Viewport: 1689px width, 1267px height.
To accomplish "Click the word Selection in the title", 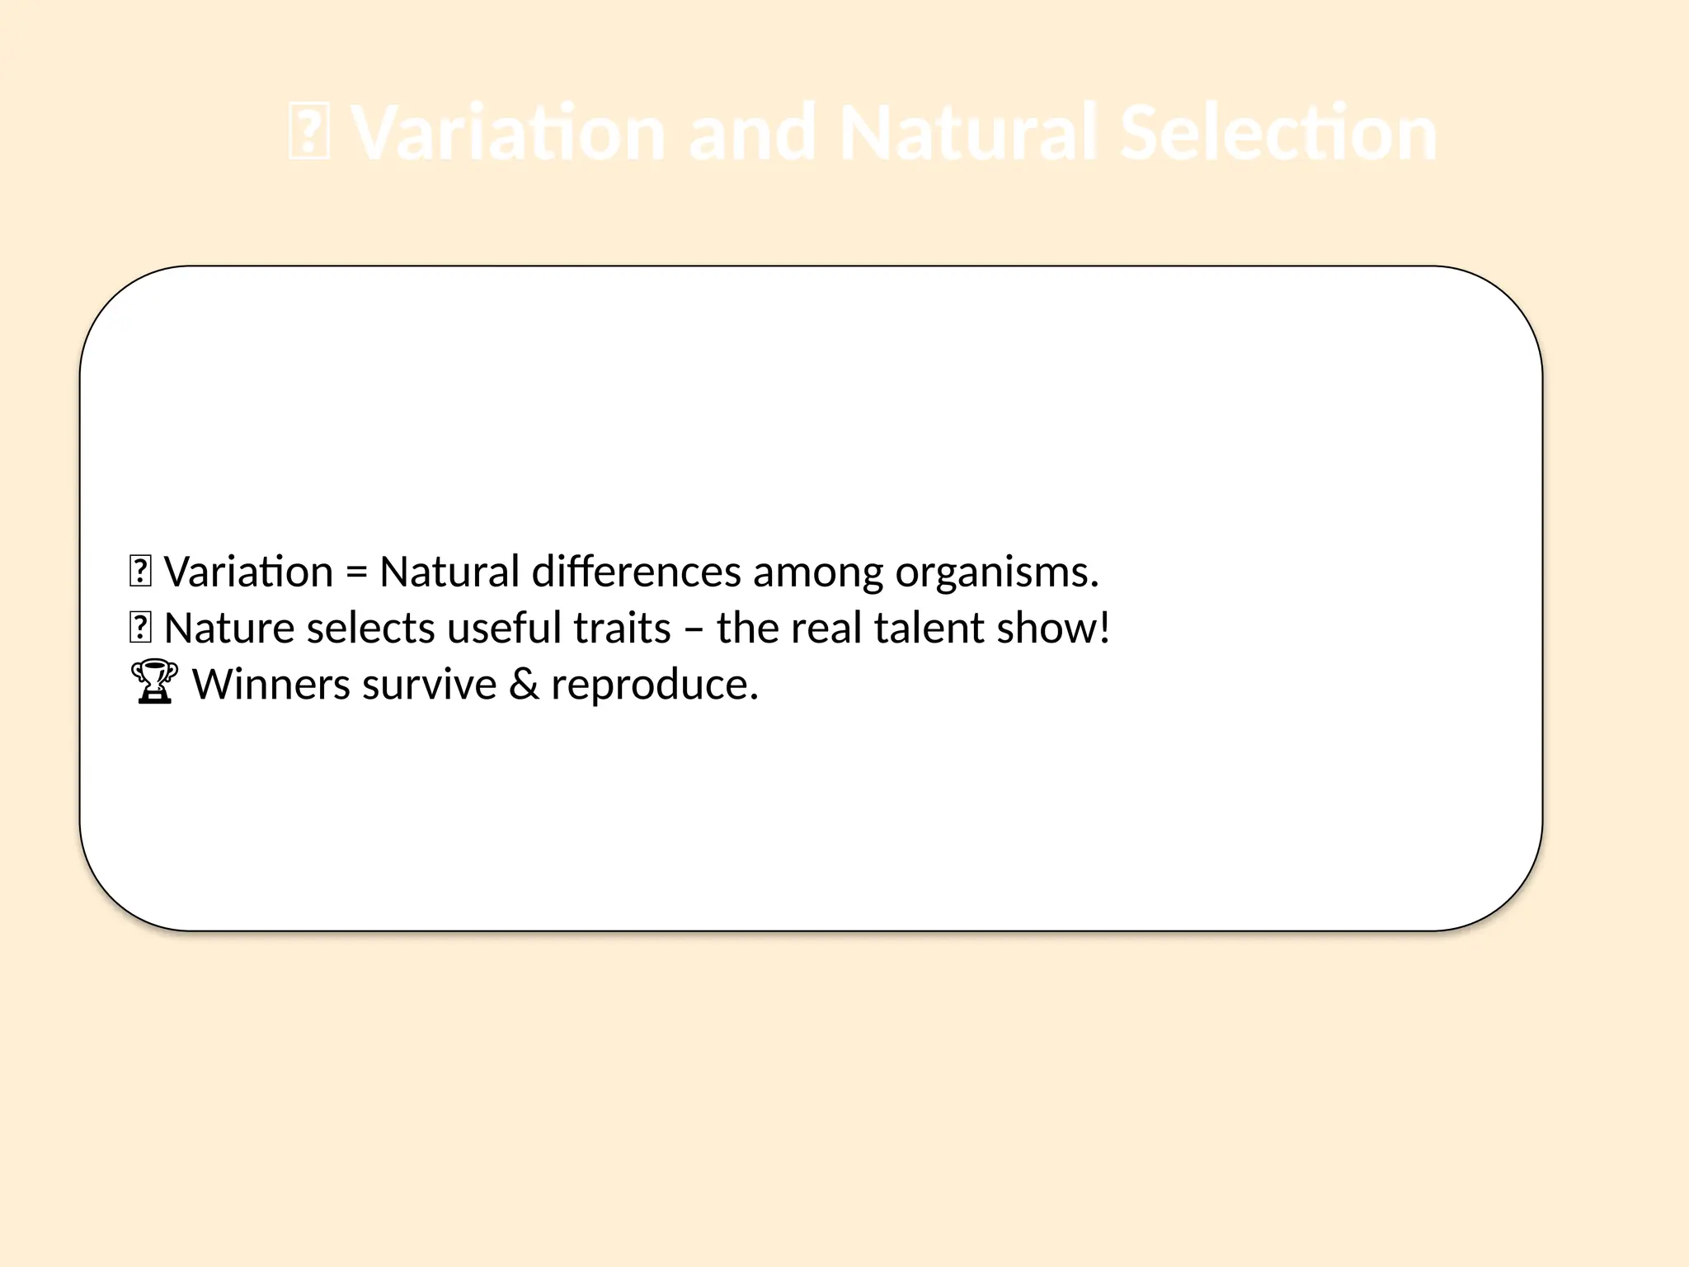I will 1278,133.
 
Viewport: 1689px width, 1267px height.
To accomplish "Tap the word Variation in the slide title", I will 508,133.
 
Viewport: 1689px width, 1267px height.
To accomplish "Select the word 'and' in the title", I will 751,133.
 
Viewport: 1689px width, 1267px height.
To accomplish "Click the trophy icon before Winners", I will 154,682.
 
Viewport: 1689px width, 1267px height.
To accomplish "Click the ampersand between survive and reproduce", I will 524,684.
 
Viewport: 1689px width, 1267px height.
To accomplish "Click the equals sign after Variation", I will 355,572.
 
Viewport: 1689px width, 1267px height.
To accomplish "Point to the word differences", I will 637,572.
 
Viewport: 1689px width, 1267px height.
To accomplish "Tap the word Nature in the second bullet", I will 229,628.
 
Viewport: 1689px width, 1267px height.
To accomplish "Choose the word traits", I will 622,628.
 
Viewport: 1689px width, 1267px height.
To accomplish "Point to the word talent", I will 929,628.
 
